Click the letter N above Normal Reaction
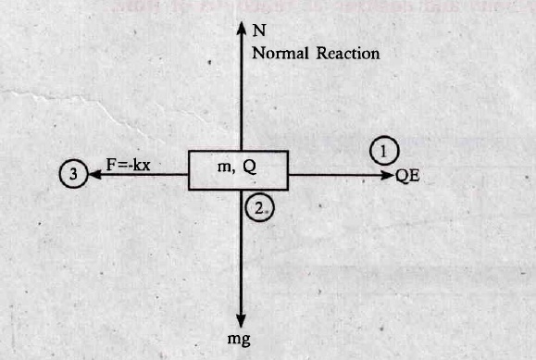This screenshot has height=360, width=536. click(259, 31)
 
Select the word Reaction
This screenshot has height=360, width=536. click(348, 54)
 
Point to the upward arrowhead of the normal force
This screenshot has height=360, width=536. click(242, 28)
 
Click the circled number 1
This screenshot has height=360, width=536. click(384, 151)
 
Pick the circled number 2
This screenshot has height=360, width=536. click(260, 207)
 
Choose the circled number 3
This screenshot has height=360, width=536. click(73, 174)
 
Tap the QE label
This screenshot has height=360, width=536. click(407, 176)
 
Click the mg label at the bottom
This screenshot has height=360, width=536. click(239, 340)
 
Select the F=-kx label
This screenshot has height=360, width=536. click(128, 165)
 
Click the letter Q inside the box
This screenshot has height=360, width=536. click(250, 168)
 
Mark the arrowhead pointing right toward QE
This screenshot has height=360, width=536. click(388, 176)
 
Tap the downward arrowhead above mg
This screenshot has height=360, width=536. click(241, 321)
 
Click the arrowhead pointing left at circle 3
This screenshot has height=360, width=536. click(95, 174)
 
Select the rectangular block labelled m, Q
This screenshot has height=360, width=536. click(239, 170)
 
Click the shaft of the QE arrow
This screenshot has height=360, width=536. click(335, 176)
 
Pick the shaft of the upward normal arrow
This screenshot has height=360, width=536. click(242, 93)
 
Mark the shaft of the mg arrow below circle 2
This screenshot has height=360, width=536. click(241, 252)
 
